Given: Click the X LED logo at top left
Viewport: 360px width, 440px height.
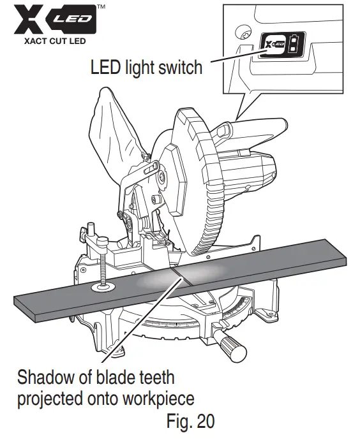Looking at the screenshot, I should (52, 22).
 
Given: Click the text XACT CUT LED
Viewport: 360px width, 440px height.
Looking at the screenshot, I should (52, 43).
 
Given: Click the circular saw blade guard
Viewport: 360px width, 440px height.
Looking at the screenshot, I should (191, 166).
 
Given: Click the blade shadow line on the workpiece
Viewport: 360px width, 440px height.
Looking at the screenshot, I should (175, 275).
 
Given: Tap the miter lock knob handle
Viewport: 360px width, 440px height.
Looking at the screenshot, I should (234, 347).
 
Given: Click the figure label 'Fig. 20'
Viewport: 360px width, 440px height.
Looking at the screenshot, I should (191, 422).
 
